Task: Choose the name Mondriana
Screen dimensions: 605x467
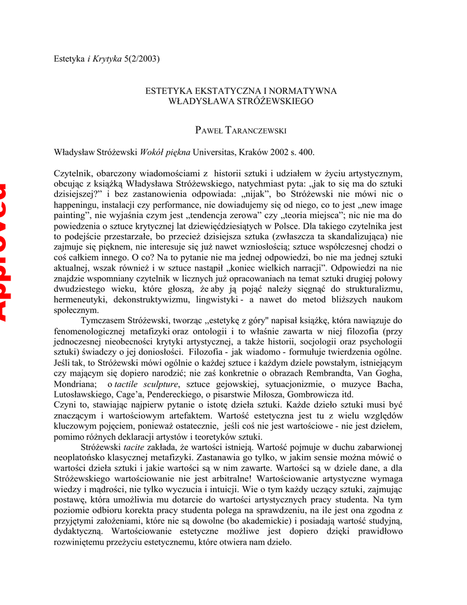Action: (74, 384)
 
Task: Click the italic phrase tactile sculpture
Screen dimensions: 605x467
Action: (147, 384)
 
